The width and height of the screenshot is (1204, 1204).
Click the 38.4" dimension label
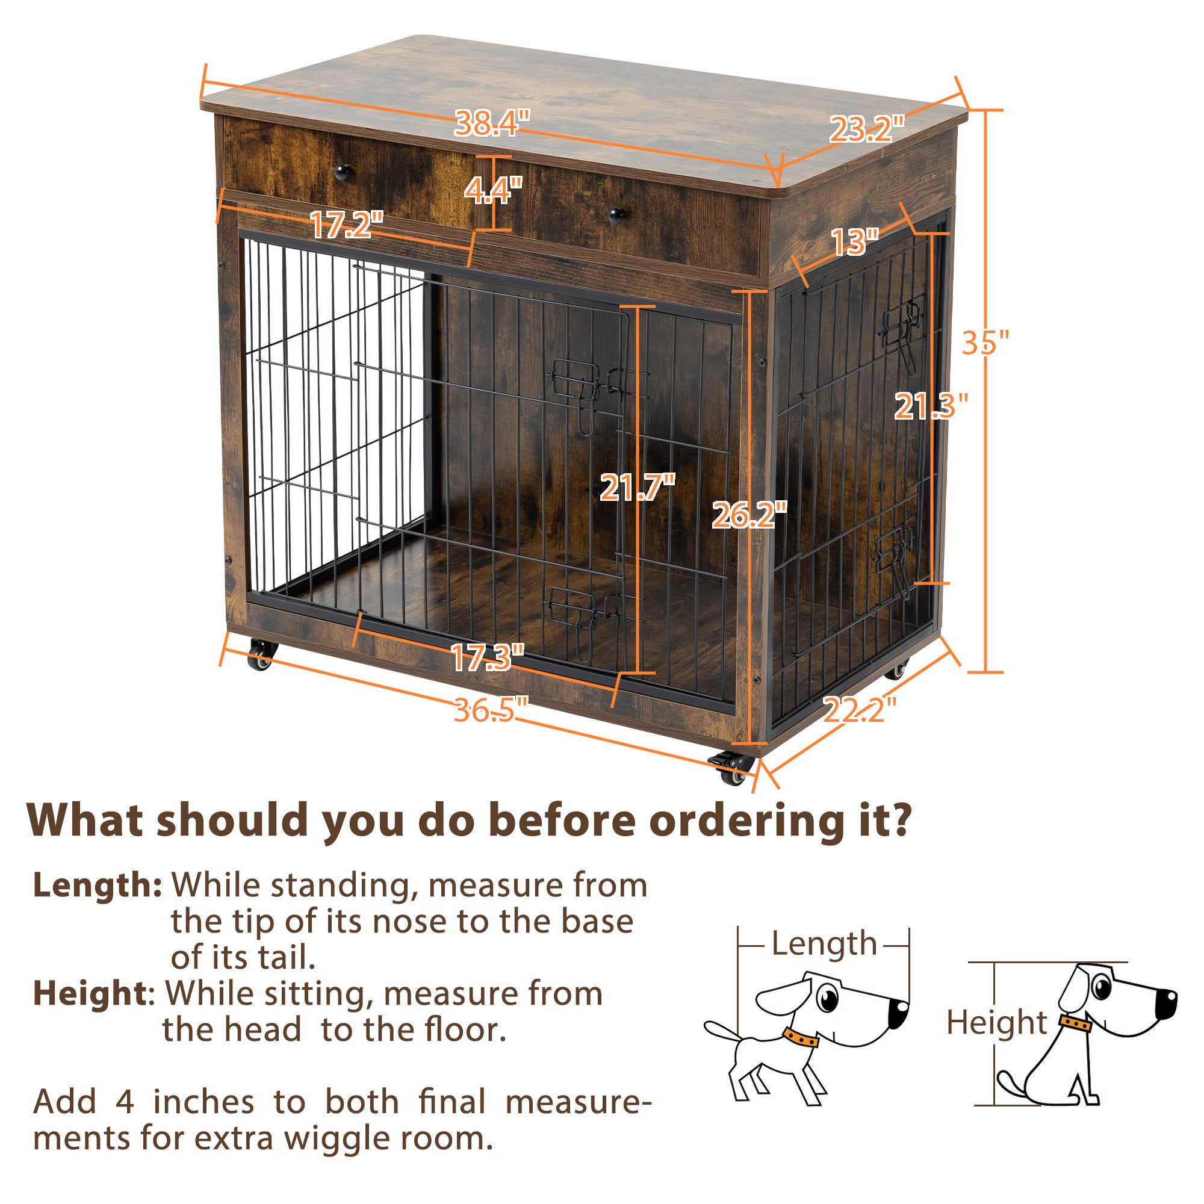[492, 123]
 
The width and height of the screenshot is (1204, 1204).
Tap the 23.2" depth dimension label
[866, 129]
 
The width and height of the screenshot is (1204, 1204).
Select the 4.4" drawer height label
[493, 190]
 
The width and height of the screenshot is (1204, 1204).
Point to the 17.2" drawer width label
[347, 225]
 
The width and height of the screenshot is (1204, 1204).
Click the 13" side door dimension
[854, 242]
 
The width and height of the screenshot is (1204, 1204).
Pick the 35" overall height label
[985, 342]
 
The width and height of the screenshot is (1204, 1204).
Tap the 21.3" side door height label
[931, 406]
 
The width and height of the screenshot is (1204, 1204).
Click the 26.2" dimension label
[749, 515]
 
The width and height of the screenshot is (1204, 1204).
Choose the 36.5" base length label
[491, 710]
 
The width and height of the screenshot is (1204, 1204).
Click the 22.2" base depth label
[860, 710]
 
